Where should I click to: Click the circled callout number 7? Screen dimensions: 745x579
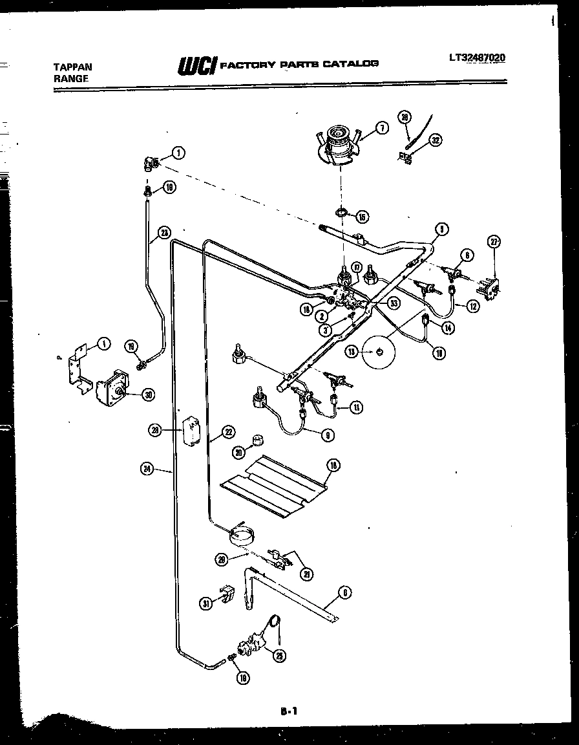pyautogui.click(x=381, y=128)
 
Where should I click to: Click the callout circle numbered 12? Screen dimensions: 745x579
pyautogui.click(x=473, y=307)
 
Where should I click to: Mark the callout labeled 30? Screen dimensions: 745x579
pyautogui.click(x=148, y=394)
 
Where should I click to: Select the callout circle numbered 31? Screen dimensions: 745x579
pyautogui.click(x=206, y=603)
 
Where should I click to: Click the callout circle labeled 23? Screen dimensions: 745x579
pyautogui.click(x=164, y=232)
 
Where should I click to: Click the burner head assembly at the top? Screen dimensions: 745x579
pyautogui.click(x=338, y=141)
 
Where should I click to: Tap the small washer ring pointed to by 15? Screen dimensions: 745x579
pyautogui.click(x=341, y=212)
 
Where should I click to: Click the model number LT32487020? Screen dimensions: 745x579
pyautogui.click(x=478, y=58)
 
